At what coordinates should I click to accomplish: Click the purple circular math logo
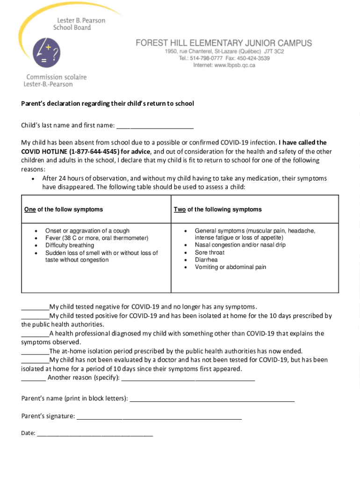tap(46, 52)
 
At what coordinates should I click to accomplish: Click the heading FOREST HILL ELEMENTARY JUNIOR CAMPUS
tap(223, 43)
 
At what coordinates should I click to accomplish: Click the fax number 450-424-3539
tap(252, 58)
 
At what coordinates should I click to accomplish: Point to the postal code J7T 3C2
tap(274, 51)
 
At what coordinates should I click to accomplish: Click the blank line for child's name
tap(155, 126)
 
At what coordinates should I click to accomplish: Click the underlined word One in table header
tap(30, 210)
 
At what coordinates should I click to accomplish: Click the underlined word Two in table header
tap(180, 210)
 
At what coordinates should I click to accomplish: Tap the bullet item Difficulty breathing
tap(70, 245)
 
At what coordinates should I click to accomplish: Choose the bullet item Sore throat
tap(209, 253)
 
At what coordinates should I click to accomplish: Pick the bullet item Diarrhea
tap(206, 260)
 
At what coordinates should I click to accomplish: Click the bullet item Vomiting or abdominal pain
tap(230, 267)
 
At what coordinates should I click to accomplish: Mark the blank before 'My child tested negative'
tap(35, 308)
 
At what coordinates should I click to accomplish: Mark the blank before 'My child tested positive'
tap(35, 317)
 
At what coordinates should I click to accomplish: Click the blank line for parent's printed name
tap(212, 399)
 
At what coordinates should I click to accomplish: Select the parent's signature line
tap(159, 417)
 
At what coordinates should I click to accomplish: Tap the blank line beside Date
tap(95, 434)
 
